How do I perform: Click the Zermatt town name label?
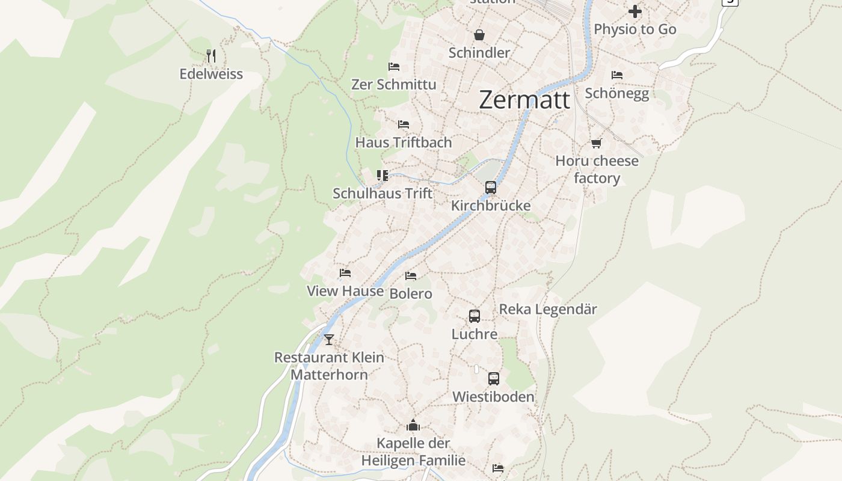524,100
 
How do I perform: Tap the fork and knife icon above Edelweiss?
210,56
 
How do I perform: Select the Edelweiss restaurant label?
211,74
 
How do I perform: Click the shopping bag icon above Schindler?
479,35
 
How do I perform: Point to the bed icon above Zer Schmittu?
394,67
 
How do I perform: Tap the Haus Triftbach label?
403,142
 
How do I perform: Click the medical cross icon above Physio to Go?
635,11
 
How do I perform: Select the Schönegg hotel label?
617,93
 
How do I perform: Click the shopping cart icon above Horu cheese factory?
596,143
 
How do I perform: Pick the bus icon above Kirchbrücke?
491,188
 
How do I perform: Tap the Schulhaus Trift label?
383,193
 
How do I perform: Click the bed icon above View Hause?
345,273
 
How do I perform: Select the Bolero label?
411,293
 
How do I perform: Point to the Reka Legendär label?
548,309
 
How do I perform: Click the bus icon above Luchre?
475,316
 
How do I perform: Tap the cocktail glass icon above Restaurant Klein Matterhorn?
328,340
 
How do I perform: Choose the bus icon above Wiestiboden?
494,379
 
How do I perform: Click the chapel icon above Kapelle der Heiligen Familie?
413,426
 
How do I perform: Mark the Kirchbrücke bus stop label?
491,206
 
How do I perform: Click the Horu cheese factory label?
597,170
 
